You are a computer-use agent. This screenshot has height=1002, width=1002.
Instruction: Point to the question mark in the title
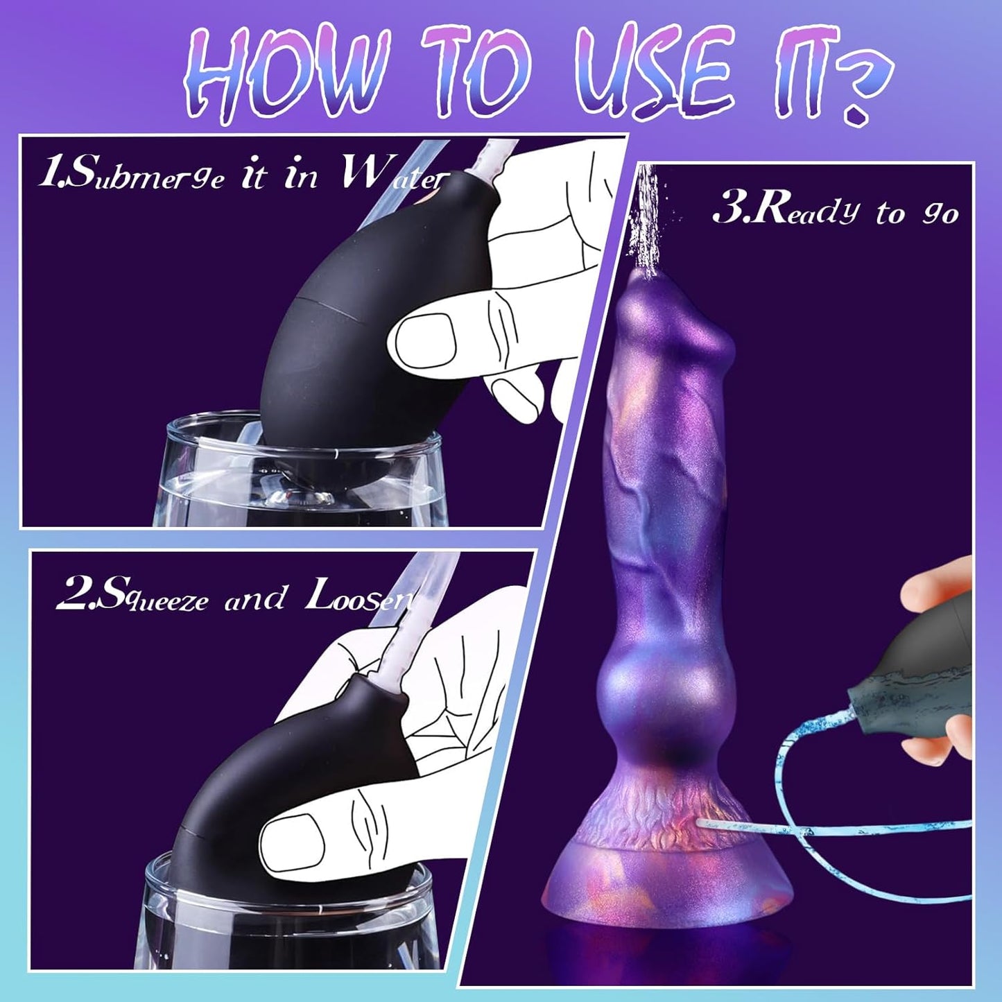pyautogui.click(x=857, y=90)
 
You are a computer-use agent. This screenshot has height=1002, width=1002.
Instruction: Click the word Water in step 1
pyautogui.click(x=392, y=176)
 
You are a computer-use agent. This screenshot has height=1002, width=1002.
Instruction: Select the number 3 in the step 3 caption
pyautogui.click(x=729, y=208)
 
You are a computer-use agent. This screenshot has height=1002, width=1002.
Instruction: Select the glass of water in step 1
pyautogui.click(x=298, y=478)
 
